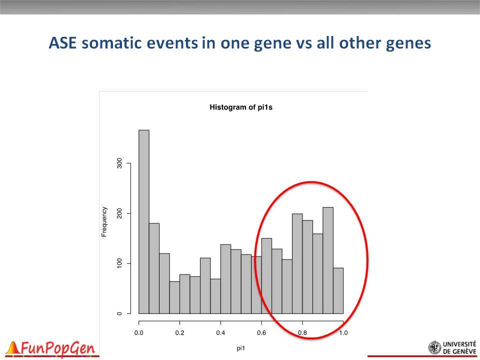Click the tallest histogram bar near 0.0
(x=144, y=221)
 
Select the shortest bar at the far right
(x=338, y=291)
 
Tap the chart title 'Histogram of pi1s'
(x=241, y=107)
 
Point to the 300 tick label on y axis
(x=119, y=163)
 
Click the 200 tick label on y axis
(x=119, y=213)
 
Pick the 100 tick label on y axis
(x=119, y=263)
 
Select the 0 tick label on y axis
(x=119, y=313)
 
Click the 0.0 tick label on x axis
(x=139, y=333)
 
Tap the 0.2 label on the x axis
(x=179, y=333)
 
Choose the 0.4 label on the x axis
(x=220, y=333)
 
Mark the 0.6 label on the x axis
(x=261, y=333)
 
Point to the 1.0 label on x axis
(x=343, y=333)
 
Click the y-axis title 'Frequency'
(x=104, y=221)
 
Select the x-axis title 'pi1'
(x=241, y=348)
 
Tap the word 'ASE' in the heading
(x=62, y=43)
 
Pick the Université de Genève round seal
(x=434, y=348)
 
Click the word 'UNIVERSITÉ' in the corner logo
(x=459, y=344)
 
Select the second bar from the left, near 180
(x=154, y=268)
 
